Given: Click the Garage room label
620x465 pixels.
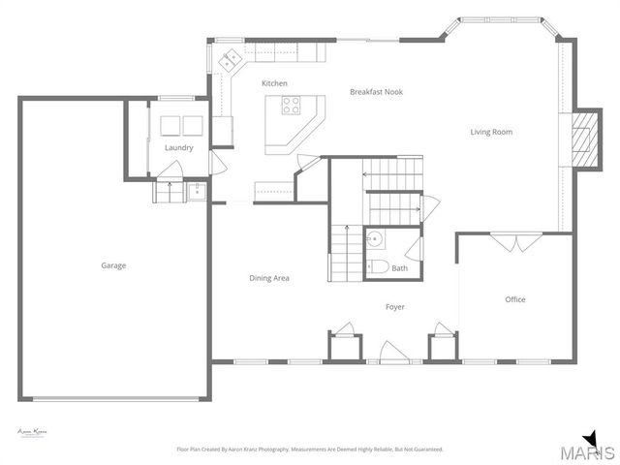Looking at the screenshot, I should coord(113,265).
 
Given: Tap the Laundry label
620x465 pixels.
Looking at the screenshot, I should coord(178,148).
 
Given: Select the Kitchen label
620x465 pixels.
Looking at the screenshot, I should coord(274,83).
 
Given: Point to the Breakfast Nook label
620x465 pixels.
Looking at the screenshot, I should coord(376,92).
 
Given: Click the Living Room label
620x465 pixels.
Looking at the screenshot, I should coord(491,132).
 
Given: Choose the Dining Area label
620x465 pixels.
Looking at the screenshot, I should coord(269,278).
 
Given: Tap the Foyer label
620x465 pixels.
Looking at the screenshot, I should coord(395,307).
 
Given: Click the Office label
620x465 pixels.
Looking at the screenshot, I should coord(515,299).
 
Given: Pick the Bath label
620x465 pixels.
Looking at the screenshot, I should coord(399,268).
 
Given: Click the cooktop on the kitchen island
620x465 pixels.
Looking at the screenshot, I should coord(291,106).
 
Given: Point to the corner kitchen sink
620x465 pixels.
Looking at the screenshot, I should coord(231,60).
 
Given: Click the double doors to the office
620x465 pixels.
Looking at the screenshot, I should coord(512,240).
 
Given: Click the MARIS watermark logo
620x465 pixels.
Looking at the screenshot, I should coord(581,450).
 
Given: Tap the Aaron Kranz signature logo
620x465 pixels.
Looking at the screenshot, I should coord(33,431).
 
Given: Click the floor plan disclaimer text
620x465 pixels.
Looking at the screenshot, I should coord(309,449).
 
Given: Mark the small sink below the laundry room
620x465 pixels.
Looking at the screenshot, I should coord(198,190).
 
